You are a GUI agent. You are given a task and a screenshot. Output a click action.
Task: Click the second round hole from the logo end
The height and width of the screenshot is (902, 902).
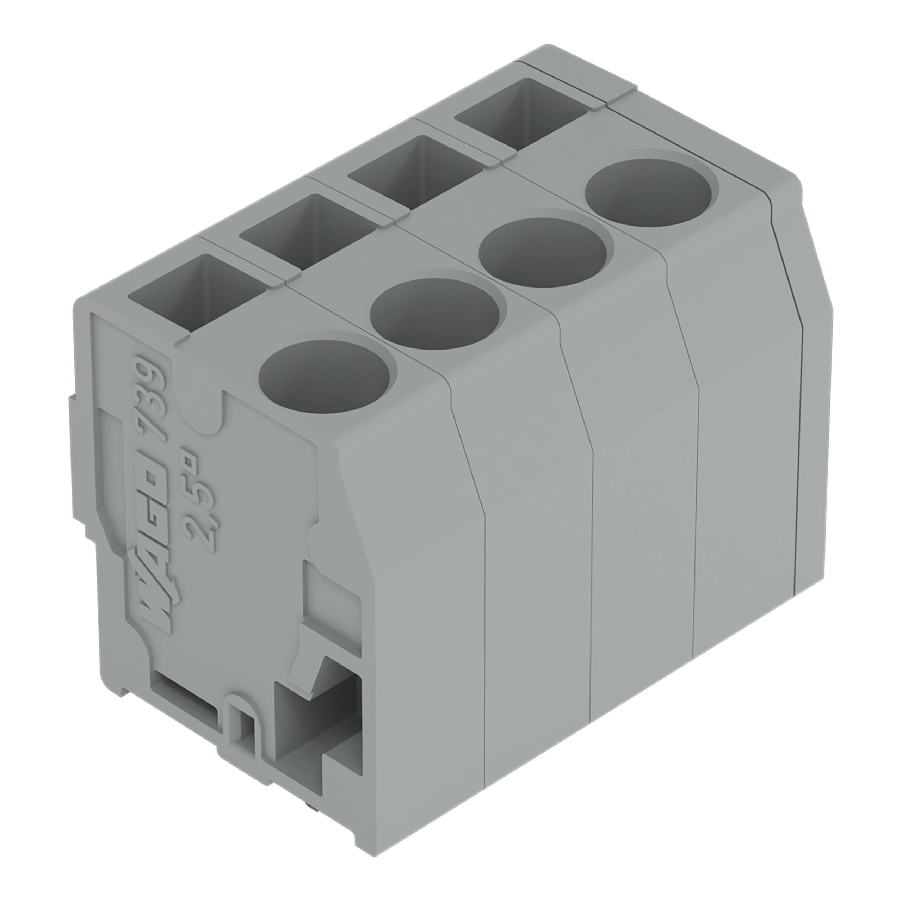[435, 315]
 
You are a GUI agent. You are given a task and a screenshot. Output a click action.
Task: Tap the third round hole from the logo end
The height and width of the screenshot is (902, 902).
[543, 254]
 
